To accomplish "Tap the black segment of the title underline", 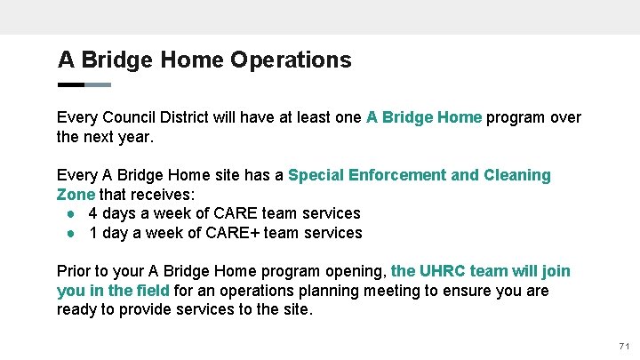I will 70,85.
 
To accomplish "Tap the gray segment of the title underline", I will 98,85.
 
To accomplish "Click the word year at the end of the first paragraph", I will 133,138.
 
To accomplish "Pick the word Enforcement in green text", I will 401,175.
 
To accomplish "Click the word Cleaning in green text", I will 516,175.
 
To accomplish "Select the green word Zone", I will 76,195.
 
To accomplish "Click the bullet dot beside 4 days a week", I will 68,214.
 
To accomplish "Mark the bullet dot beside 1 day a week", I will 68,234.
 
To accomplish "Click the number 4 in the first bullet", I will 93,213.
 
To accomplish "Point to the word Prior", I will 75,271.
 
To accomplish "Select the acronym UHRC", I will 442,271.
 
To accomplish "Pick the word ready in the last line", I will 77,310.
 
